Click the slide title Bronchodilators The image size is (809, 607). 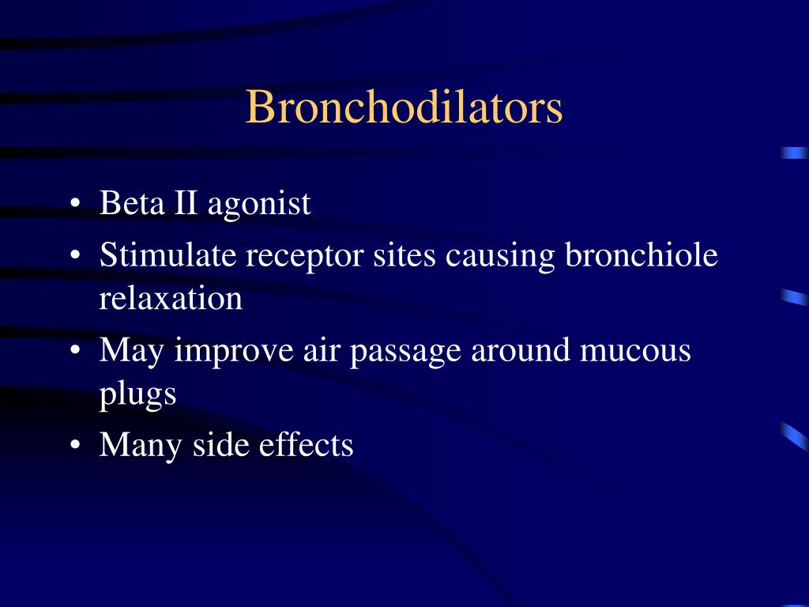click(x=404, y=107)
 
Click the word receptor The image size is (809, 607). click(x=285, y=257)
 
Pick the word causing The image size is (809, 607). click(x=500, y=257)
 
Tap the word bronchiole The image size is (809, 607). click(x=642, y=255)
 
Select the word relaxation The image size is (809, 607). click(x=171, y=299)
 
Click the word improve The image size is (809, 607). click(x=234, y=351)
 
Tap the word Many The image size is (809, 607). click(x=141, y=446)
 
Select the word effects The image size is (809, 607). click(x=306, y=445)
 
